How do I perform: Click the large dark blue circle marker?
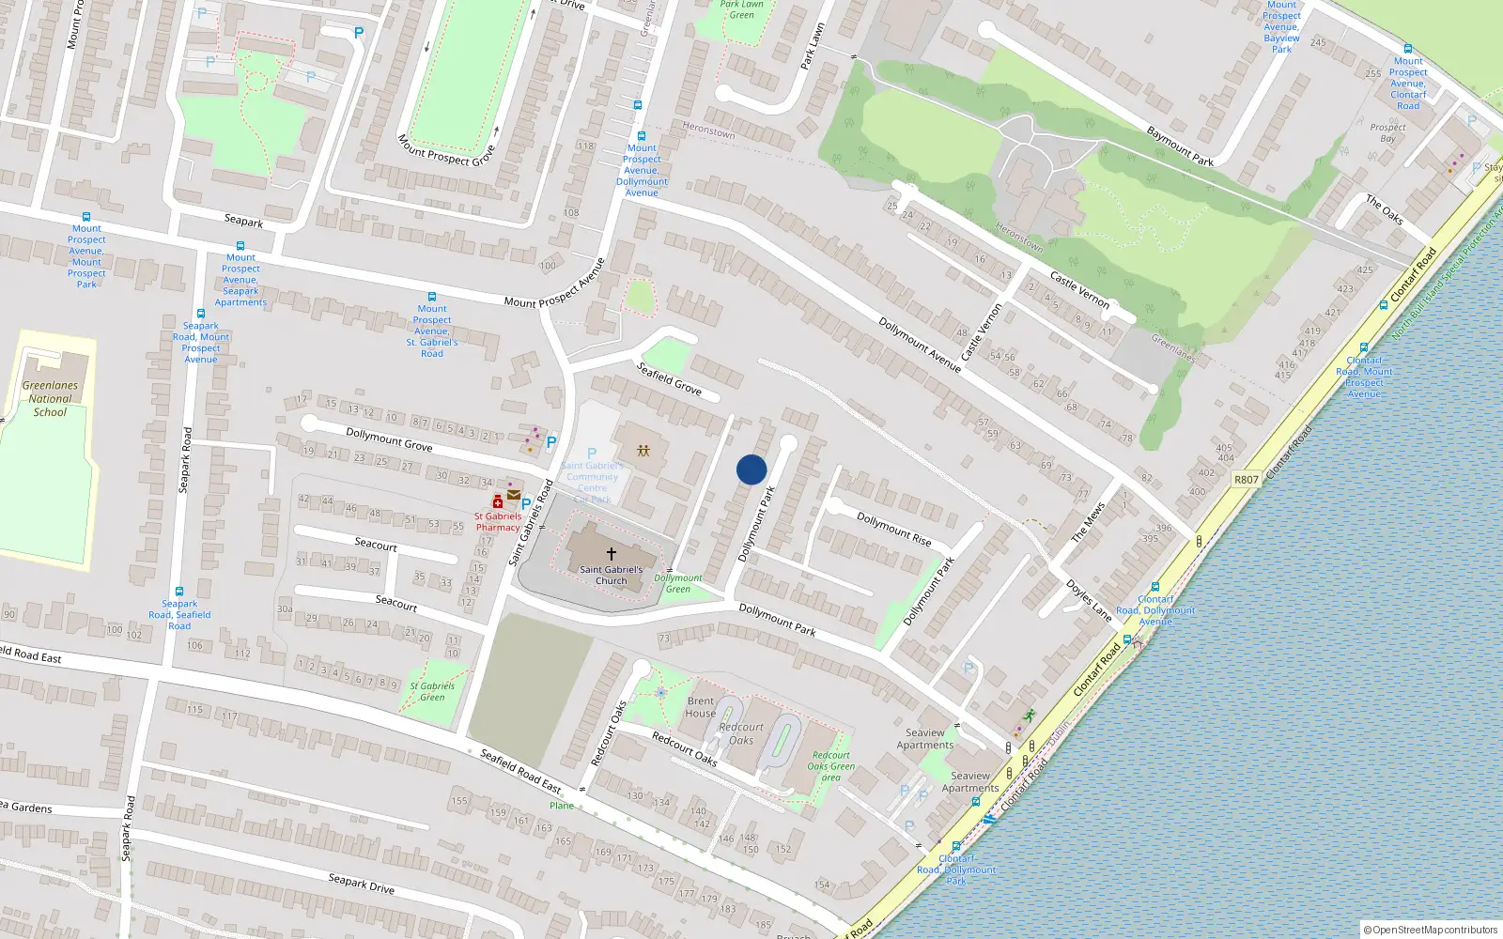[751, 469]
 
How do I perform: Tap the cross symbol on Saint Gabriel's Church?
[611, 554]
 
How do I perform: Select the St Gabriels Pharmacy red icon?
[498, 502]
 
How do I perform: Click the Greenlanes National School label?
[50, 398]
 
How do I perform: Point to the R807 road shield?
[1246, 479]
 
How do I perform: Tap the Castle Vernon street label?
[1079, 290]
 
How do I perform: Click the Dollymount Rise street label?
[893, 530]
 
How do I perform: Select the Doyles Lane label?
[1089, 599]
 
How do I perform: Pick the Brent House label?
[701, 707]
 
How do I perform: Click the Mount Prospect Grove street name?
[446, 150]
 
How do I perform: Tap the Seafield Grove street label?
[669, 378]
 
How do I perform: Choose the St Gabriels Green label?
[432, 691]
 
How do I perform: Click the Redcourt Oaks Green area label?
[831, 766]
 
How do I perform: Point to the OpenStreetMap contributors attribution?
[1430, 930]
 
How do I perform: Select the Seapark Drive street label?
[362, 884]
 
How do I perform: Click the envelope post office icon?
[514, 495]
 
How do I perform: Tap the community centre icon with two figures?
[643, 451]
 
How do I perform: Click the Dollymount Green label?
[678, 583]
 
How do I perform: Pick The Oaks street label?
[1385, 210]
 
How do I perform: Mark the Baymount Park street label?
[1180, 146]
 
